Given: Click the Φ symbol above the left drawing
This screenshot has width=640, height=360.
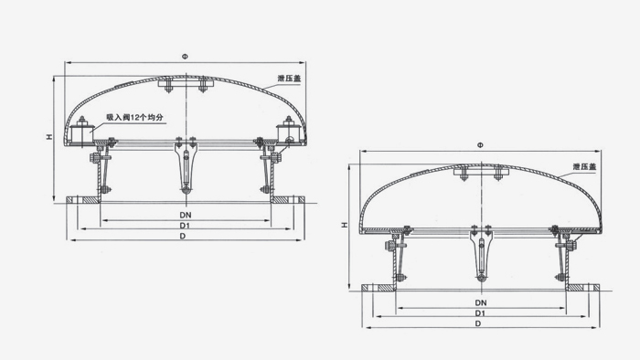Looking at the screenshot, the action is (186, 57).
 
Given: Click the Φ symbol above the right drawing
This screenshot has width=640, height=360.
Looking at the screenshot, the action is (480, 145).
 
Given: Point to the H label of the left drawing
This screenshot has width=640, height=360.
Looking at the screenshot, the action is (49, 137).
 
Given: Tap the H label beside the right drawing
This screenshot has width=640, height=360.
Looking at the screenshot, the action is (345, 225).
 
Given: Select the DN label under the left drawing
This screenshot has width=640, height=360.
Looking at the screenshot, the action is (186, 215).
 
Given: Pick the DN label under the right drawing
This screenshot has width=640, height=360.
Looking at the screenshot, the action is (481, 303).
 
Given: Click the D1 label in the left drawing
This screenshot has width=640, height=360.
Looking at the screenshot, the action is (185, 226).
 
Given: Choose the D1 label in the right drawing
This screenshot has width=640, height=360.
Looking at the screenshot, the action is (480, 313).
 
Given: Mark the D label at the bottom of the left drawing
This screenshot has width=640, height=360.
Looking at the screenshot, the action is (183, 236).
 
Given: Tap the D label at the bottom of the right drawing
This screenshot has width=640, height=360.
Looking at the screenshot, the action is (478, 323).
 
